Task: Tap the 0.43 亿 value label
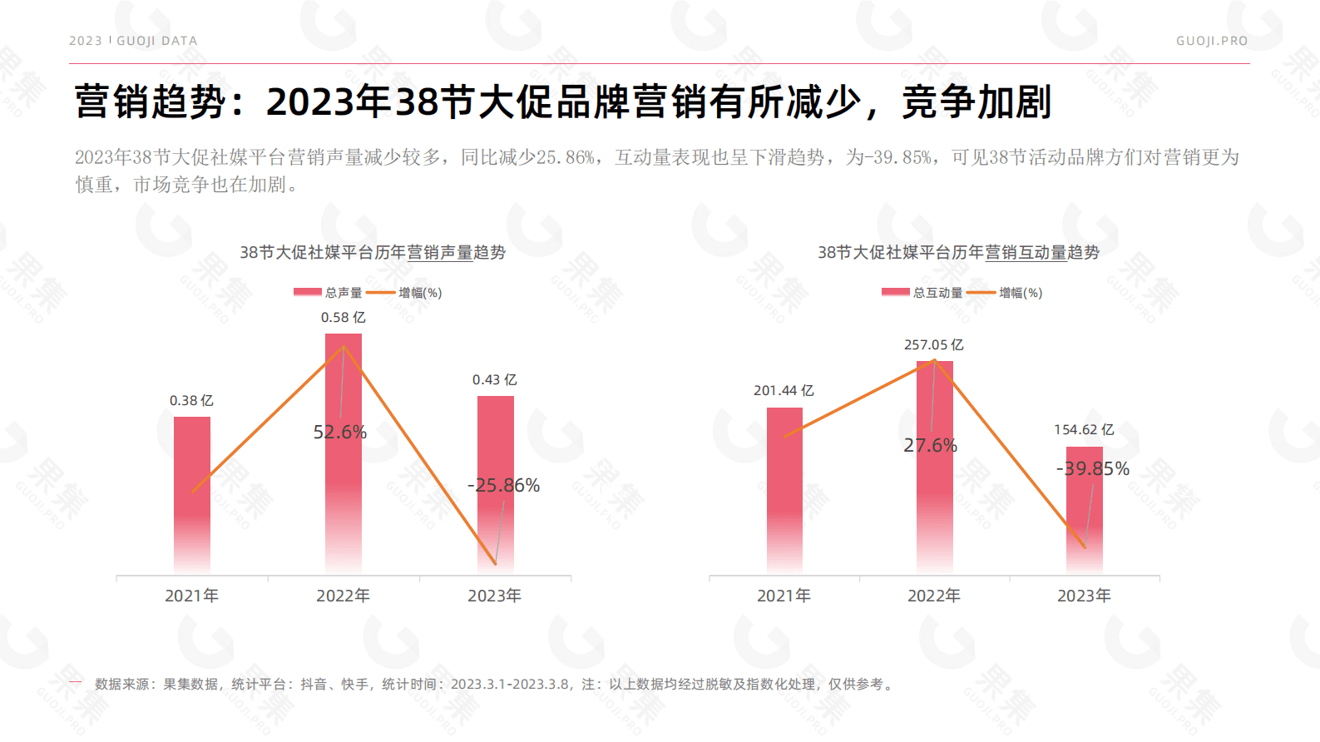coord(494,380)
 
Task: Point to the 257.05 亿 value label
coord(933,345)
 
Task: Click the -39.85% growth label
coord(1092,469)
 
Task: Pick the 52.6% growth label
coord(339,433)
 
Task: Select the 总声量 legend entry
coord(329,293)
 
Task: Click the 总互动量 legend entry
coord(922,293)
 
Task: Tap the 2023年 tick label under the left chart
coord(494,596)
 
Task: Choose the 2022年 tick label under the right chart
coord(933,596)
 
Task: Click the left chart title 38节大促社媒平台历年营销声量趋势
coord(373,253)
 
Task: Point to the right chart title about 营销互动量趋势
coord(958,253)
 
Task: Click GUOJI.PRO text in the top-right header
coord(1211,41)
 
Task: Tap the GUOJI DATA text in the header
coord(156,41)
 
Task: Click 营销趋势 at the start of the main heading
coord(150,102)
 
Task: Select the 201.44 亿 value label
coord(784,391)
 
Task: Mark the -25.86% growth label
coord(503,486)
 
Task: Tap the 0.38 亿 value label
coord(191,401)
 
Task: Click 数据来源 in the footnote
coord(121,685)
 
